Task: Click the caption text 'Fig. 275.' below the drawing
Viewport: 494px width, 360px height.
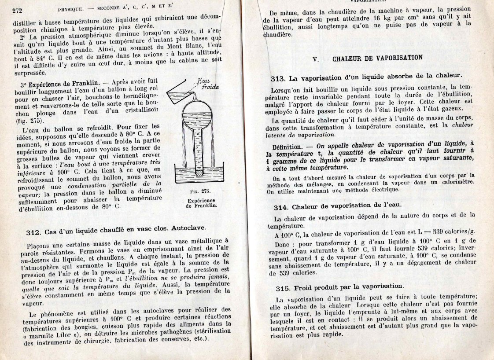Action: coord(201,191)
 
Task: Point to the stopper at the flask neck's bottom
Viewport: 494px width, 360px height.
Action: coord(200,173)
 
